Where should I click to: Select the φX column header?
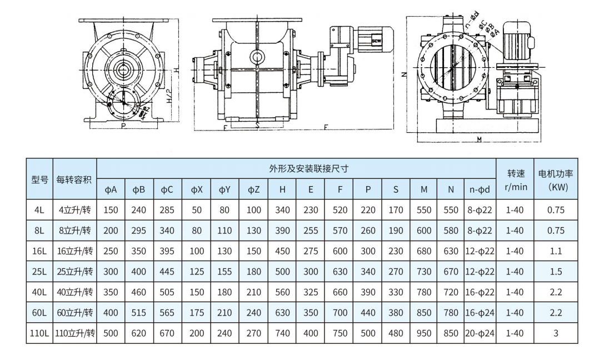tap(197, 189)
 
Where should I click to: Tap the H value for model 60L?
tap(282, 313)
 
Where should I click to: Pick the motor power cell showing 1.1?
tap(556, 251)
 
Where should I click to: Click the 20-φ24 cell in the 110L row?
tap(479, 333)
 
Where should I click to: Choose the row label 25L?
tap(39, 272)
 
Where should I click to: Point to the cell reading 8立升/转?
tap(74, 231)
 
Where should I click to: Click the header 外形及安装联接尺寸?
tap(296, 168)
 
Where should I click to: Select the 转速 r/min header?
tap(515, 179)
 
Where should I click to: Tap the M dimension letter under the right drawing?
tap(480, 139)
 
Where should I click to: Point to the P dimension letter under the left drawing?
tap(122, 126)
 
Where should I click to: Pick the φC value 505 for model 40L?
tap(167, 292)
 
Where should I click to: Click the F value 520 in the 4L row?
tap(340, 210)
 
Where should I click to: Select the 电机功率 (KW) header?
tap(556, 179)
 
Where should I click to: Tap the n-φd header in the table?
tap(479, 189)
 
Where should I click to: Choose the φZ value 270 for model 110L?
tap(253, 333)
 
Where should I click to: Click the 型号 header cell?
tap(39, 179)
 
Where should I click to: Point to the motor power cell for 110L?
tap(556, 333)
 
